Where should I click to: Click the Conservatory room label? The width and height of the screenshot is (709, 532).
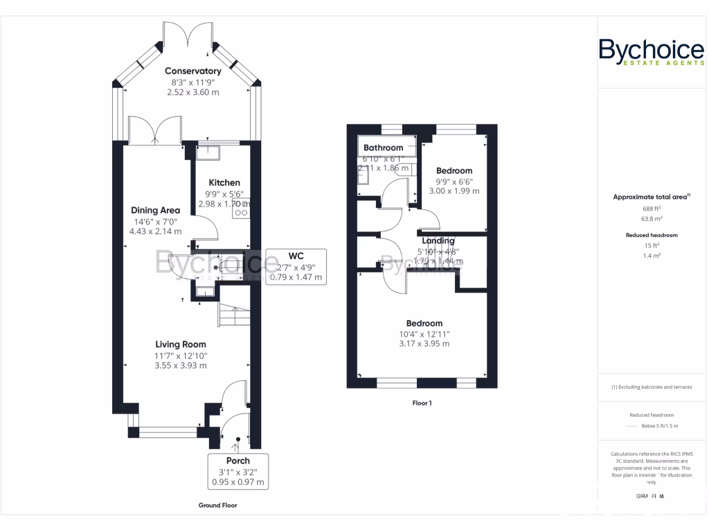[192, 71]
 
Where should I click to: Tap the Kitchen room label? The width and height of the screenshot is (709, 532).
[224, 183]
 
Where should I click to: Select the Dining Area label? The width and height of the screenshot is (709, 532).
[156, 211]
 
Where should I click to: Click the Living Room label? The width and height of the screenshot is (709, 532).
[180, 344]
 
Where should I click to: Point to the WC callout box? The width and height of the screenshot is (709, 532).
[295, 266]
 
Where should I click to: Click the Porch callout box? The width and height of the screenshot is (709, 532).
[237, 471]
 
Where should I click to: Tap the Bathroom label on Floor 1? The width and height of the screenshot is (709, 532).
[383, 148]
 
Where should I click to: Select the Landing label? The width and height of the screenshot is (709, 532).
[438, 241]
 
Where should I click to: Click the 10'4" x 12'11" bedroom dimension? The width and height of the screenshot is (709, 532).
[424, 334]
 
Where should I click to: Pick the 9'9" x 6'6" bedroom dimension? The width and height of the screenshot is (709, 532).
[454, 181]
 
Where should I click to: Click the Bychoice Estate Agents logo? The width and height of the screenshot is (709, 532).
[651, 53]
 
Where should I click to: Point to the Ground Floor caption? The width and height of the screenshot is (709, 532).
[217, 506]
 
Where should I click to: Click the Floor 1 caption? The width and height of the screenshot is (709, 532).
[422, 402]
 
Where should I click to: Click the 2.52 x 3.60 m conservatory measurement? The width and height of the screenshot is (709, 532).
[192, 92]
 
